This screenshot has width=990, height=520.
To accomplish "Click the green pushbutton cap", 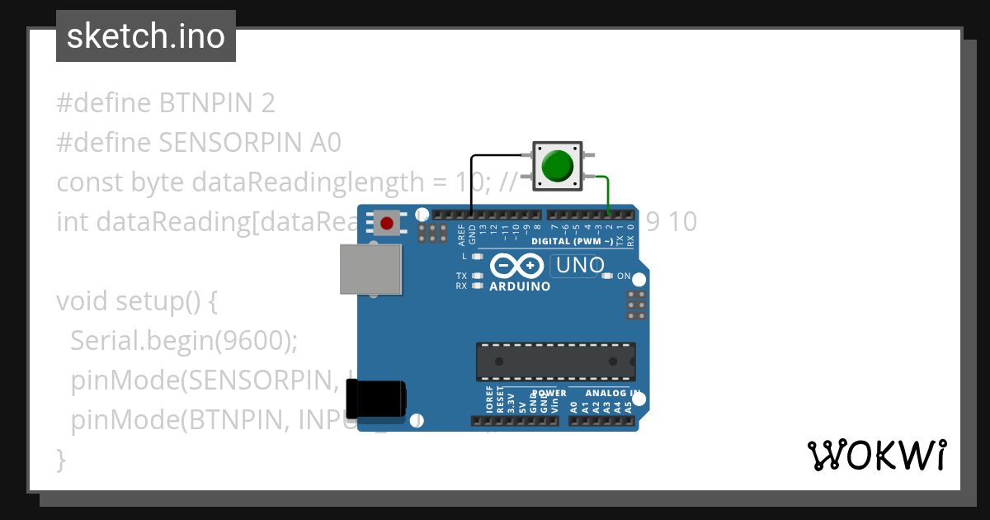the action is tap(559, 165).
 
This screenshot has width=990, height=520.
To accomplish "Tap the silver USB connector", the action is tap(371, 269).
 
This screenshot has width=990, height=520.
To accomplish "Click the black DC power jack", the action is tap(375, 399).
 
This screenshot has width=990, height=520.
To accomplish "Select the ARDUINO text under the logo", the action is tap(520, 286).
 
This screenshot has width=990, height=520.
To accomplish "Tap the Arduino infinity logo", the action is tap(516, 266).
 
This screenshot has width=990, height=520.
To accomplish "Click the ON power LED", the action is tap(607, 276).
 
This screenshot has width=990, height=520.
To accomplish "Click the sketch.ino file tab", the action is tap(146, 36).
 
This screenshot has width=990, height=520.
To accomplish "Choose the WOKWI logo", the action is tap(877, 455).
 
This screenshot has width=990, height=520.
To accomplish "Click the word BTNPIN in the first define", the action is tap(206, 103).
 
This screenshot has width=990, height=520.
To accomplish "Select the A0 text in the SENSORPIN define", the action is tap(326, 143).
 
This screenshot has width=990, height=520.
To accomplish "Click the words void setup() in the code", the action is tap(128, 301).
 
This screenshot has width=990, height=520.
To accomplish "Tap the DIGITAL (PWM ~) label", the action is tap(572, 241).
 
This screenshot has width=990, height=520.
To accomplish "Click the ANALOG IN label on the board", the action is tap(613, 393).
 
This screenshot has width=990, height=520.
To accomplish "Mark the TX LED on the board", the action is tap(477, 276).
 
